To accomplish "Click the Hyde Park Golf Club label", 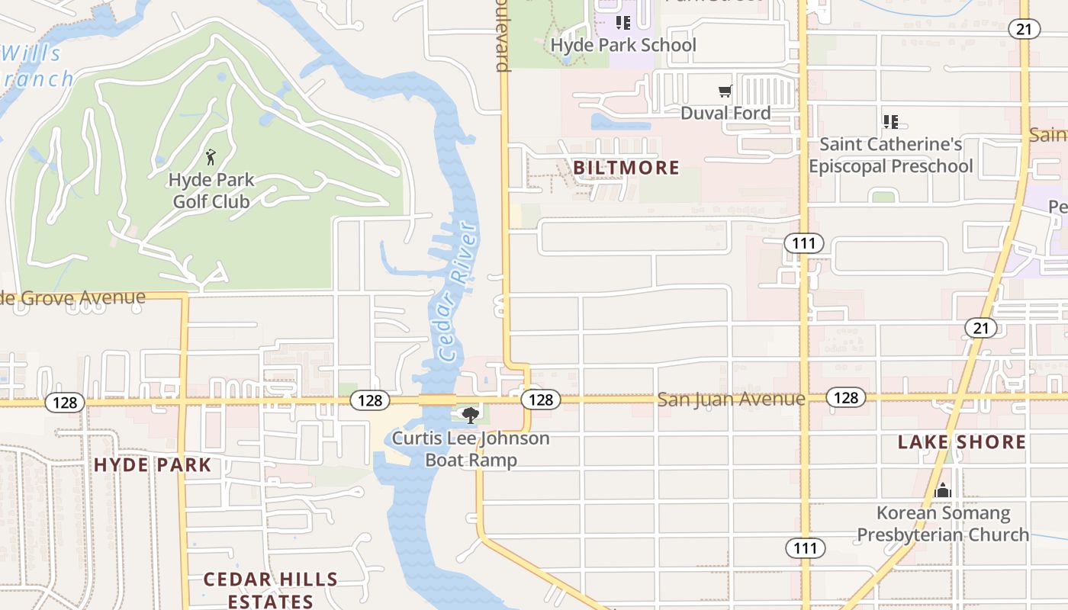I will click(211, 191).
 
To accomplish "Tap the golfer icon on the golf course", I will click(211, 158).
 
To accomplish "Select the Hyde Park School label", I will click(623, 45).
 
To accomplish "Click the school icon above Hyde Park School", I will click(623, 23).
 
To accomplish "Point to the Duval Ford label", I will click(725, 113).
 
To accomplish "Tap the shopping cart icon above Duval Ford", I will click(725, 91).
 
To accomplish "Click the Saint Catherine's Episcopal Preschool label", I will click(890, 155).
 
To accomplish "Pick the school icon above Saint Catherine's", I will click(890, 121).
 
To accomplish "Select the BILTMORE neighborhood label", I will click(626, 168).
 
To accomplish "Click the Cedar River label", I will click(458, 293).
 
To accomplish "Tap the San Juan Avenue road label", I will click(731, 399).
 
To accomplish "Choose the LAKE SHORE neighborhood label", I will click(962, 442).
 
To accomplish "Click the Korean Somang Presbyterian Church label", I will click(943, 524).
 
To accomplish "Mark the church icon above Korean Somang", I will click(943, 490).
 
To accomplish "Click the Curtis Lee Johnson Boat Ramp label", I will click(471, 449).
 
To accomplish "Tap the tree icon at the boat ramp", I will click(471, 416).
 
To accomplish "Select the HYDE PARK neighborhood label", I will click(152, 465).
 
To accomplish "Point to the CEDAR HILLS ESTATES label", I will click(271, 590).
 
